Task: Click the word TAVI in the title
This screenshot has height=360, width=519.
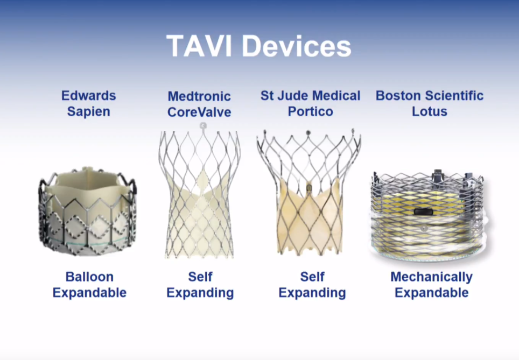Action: tap(199, 46)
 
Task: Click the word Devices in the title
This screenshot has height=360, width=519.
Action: tap(297, 46)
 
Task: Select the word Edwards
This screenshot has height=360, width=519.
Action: tap(89, 96)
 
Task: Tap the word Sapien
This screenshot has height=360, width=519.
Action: tap(89, 111)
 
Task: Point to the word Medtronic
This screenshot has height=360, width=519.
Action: tap(199, 96)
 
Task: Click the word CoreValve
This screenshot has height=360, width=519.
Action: tap(199, 112)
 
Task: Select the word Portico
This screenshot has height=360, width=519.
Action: tap(311, 111)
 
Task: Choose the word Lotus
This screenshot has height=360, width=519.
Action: tap(430, 111)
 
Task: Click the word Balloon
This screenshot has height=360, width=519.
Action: tap(89, 277)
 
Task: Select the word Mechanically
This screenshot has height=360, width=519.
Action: tap(432, 277)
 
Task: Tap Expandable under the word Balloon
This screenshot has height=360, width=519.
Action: tap(89, 293)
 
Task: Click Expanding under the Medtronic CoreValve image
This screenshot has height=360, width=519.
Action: tap(200, 293)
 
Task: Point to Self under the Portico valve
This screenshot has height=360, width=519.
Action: tap(312, 277)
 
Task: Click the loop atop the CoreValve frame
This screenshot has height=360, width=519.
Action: tap(203, 126)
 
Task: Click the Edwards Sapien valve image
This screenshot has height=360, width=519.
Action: tap(87, 211)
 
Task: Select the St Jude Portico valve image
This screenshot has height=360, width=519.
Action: tap(308, 193)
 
